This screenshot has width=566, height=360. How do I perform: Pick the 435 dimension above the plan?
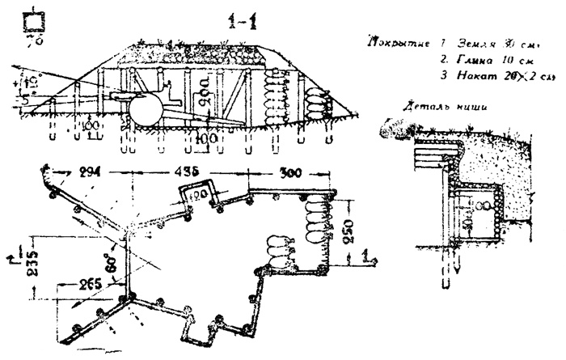[188, 172]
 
